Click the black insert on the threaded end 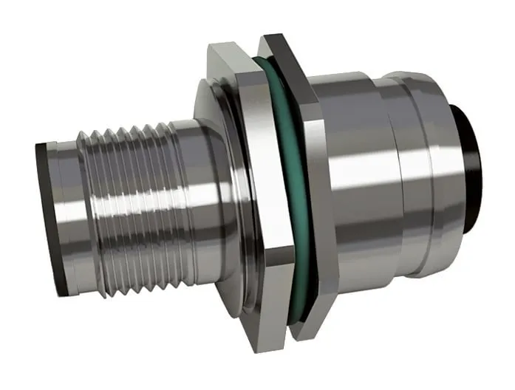click(x=46, y=214)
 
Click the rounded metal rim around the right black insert click(x=451, y=111)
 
